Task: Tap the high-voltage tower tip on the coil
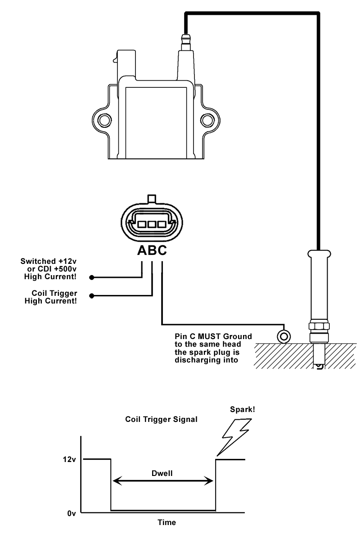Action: click(x=184, y=37)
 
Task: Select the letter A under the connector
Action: click(x=142, y=250)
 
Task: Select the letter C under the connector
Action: click(x=161, y=250)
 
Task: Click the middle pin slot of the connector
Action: click(x=152, y=223)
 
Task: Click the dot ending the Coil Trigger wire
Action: click(x=92, y=296)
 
